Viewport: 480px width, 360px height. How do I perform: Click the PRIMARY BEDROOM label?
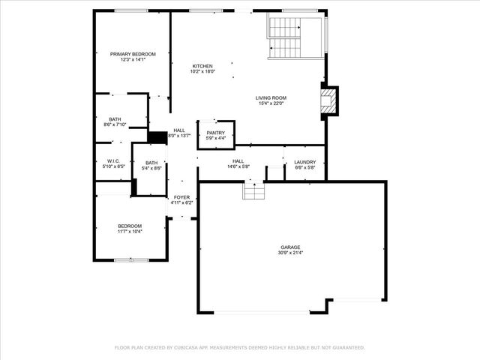coord(133,54)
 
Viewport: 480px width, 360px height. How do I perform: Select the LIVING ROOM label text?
coord(271,97)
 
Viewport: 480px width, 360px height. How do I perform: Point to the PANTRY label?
coord(216,133)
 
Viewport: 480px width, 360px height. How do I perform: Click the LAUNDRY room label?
coord(304,161)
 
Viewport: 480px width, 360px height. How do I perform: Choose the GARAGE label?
coord(291,247)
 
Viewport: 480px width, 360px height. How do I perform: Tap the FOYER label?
coord(181,196)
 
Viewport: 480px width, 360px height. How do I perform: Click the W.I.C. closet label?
coord(113,160)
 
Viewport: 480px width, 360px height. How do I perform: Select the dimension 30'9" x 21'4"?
coord(291,253)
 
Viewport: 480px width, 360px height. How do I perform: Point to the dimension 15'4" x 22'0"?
coord(271,103)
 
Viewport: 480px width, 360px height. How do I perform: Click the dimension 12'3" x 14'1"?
coord(133,60)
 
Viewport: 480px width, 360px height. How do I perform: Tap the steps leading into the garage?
coord(253,191)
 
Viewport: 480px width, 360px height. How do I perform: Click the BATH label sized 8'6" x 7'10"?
coord(115,119)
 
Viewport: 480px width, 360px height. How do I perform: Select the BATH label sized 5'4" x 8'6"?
coord(151,163)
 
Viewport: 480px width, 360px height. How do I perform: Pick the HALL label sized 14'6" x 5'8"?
coord(238,160)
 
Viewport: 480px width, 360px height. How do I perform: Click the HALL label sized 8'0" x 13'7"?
coord(179,130)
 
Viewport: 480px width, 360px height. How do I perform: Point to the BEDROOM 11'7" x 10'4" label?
coord(130,226)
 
